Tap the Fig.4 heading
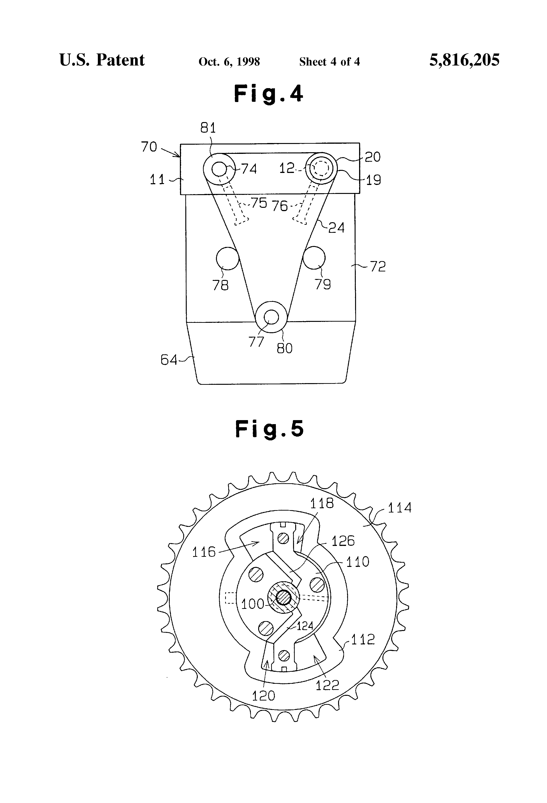click(x=269, y=94)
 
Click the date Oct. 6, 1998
click(x=229, y=62)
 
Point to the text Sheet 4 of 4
click(x=330, y=62)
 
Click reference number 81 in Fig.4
click(x=208, y=128)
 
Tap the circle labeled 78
click(x=228, y=258)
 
